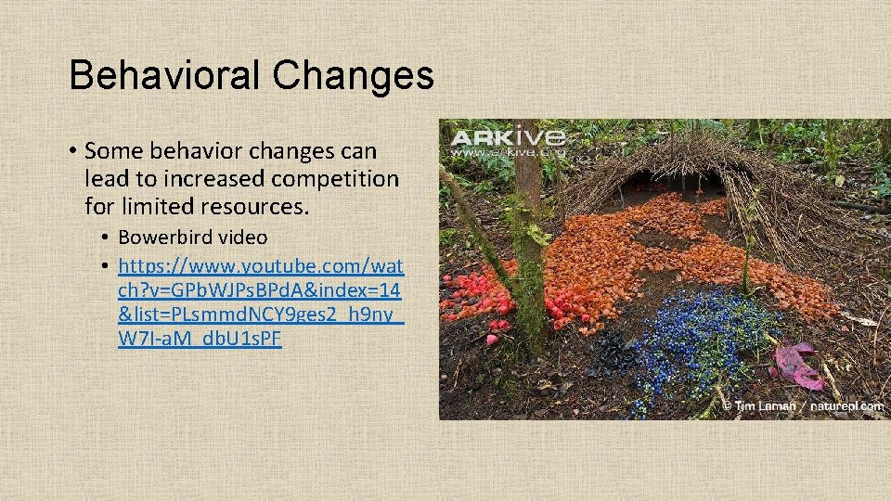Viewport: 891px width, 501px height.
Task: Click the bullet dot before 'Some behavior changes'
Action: (71, 151)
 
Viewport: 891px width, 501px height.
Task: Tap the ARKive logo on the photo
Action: (507, 139)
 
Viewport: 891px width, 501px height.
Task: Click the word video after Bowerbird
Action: (243, 238)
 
